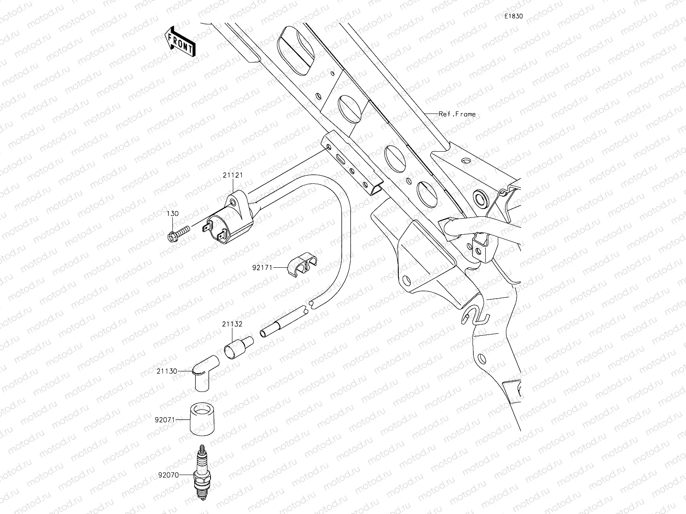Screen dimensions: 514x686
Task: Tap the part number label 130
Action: (172, 213)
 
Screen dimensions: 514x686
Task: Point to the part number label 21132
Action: (232, 324)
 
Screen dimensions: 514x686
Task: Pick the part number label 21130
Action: (167, 371)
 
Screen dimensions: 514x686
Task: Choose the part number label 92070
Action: (168, 475)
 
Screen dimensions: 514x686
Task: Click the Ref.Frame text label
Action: (457, 114)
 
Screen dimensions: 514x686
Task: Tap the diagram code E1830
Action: (513, 16)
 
